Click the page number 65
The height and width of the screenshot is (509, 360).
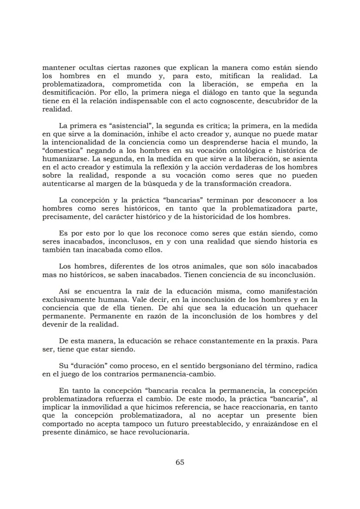[x=180, y=462]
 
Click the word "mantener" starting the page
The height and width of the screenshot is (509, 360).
[x=59, y=68]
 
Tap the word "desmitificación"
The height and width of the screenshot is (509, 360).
[x=68, y=93]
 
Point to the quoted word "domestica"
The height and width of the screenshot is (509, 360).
[x=60, y=150]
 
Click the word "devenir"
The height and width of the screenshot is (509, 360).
[x=55, y=324]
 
